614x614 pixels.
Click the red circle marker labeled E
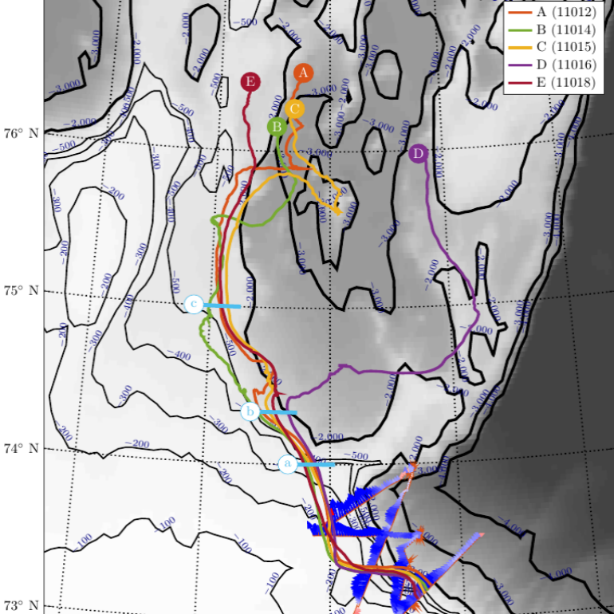click(x=251, y=82)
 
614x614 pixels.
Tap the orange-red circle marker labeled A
click(x=302, y=73)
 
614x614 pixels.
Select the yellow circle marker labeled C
click(x=294, y=108)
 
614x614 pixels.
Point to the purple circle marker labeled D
click(x=418, y=154)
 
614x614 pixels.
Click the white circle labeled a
click(x=288, y=463)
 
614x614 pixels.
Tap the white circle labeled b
click(x=250, y=411)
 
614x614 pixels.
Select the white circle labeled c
click(x=194, y=304)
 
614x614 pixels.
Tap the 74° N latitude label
click(x=22, y=448)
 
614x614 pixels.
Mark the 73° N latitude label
click(x=22, y=605)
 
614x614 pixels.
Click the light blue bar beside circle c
click(x=222, y=305)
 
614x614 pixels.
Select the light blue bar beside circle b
click(x=279, y=412)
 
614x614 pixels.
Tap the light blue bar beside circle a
click(x=317, y=464)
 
